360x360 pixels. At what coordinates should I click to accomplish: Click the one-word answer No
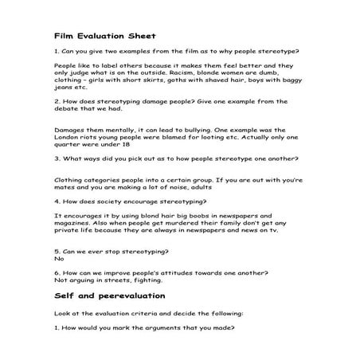58,259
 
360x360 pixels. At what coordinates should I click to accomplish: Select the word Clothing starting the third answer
68,180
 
